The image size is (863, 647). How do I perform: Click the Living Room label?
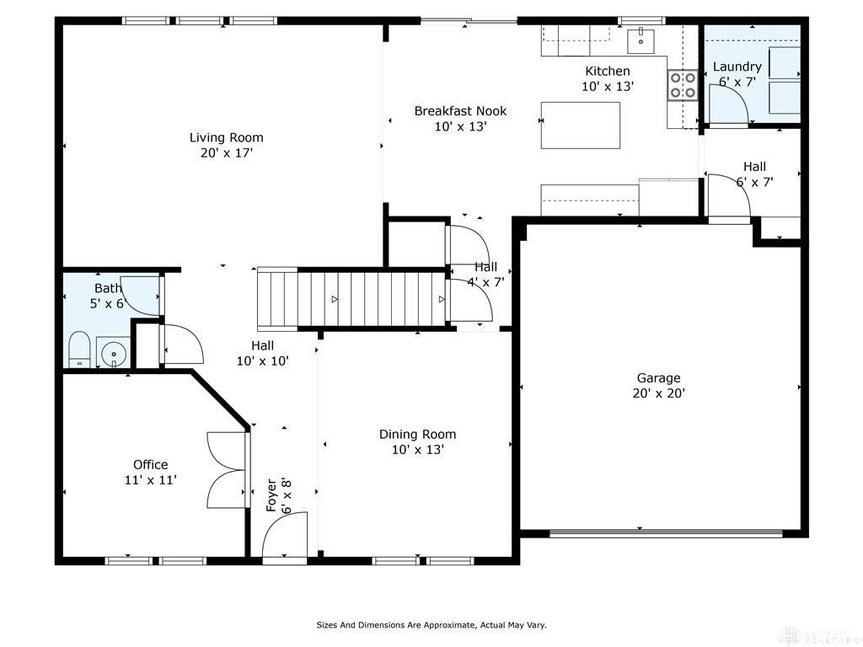(226, 137)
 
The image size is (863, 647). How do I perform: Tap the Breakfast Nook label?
(460, 111)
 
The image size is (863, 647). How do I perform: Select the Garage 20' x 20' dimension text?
(659, 393)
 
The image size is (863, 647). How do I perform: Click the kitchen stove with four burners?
(682, 85)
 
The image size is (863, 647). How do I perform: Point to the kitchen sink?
(641, 40)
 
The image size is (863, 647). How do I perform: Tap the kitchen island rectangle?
(581, 126)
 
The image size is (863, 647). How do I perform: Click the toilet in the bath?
(78, 350)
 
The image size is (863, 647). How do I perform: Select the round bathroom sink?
(114, 352)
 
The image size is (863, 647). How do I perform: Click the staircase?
(351, 299)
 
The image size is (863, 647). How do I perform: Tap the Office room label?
(150, 465)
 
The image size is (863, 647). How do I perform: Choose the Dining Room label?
(418, 435)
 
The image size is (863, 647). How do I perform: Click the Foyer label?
(271, 495)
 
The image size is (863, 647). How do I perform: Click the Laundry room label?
(737, 67)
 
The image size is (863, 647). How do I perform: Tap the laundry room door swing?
(727, 104)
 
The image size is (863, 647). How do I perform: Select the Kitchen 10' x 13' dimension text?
(608, 87)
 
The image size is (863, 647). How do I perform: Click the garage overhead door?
(666, 532)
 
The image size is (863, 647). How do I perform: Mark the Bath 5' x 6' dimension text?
(109, 303)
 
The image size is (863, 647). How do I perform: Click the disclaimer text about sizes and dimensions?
(431, 625)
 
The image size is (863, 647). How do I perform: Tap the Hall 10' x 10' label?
(263, 361)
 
